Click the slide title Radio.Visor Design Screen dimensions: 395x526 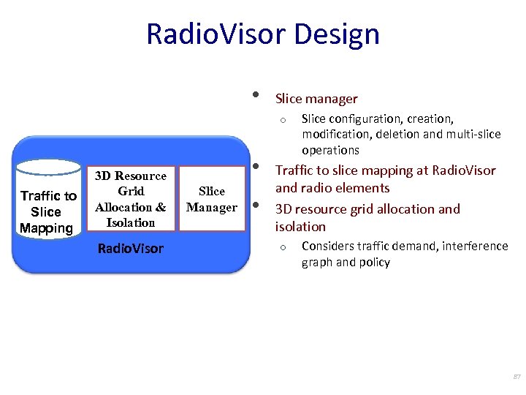(262, 34)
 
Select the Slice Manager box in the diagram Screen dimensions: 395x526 (212, 199)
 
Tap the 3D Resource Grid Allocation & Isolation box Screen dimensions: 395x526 (131, 199)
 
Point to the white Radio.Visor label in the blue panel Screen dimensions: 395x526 (131, 249)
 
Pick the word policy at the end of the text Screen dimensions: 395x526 (374, 262)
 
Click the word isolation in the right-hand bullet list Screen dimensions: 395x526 (300, 226)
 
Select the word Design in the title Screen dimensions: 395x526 (343, 34)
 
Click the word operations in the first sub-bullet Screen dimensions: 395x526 (330, 150)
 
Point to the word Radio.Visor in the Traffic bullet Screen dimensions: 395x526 (464, 170)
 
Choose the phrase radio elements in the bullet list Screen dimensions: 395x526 (346, 188)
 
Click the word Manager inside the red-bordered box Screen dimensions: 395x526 (212, 207)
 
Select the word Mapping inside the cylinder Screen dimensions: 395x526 (46, 227)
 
